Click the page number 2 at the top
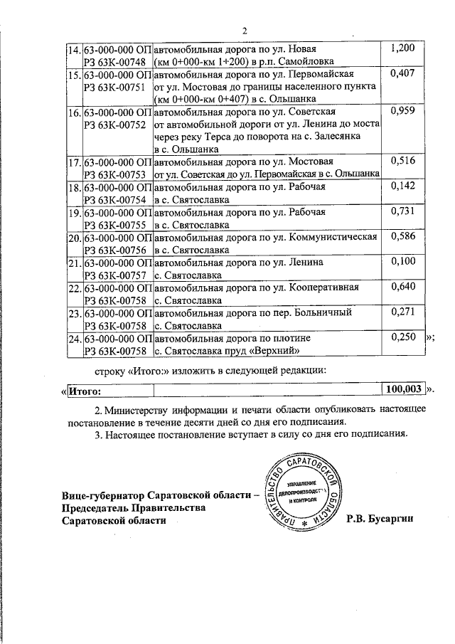point(244,31)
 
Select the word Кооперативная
point(324,288)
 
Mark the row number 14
point(74,49)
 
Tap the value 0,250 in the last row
point(403,338)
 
